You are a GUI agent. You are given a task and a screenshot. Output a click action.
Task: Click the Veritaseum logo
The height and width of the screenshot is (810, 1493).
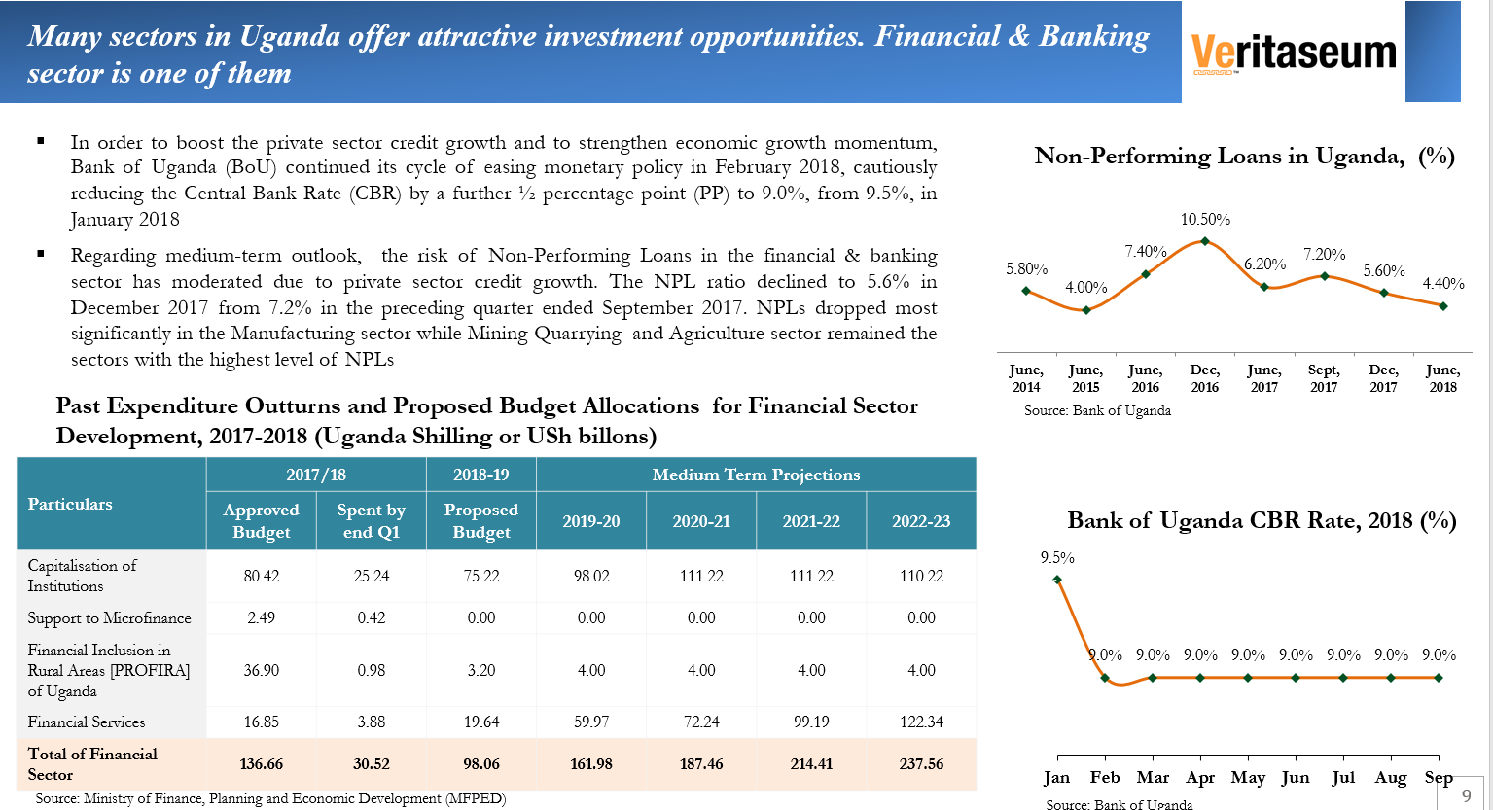[x=1293, y=52]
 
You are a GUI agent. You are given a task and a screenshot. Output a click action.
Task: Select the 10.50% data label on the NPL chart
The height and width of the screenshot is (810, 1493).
[x=1205, y=220]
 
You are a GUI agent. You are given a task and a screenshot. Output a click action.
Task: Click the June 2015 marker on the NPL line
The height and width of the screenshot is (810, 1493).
[x=1086, y=310]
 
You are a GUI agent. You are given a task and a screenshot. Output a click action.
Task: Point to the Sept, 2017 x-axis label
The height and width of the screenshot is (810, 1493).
[x=1324, y=378]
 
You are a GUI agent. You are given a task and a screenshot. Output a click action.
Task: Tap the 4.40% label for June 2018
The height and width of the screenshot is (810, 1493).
[x=1443, y=284]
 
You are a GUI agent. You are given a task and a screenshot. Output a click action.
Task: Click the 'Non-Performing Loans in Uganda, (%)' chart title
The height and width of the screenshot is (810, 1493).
[x=1244, y=157]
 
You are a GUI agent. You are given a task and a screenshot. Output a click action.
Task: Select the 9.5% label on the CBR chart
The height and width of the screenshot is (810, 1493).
[x=1057, y=558]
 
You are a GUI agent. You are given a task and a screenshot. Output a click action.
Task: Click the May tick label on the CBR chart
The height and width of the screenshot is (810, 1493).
[x=1248, y=778]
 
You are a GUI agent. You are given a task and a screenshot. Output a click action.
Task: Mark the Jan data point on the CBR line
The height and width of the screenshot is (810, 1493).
[x=1057, y=581]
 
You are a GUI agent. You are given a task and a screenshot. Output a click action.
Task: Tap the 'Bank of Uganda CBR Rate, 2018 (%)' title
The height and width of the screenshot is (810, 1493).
[x=1262, y=521]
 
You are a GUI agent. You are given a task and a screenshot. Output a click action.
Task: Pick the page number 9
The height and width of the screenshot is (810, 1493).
[x=1467, y=795]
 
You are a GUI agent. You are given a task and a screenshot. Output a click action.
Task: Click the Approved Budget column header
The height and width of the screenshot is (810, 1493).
[x=261, y=521]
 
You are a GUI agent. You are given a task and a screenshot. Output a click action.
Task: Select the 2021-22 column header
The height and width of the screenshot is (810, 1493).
[x=811, y=521]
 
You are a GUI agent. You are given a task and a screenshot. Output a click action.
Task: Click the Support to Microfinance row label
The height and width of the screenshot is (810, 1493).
[x=109, y=618]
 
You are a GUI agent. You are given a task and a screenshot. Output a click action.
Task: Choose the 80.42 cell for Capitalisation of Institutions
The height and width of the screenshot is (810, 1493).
[x=261, y=576]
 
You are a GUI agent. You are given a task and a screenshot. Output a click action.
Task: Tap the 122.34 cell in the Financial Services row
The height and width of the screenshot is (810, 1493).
[x=921, y=722]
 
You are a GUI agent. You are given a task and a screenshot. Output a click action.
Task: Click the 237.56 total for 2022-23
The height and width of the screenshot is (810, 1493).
[x=921, y=764]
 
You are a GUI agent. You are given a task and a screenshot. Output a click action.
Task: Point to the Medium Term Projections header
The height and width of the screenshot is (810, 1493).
[x=756, y=475]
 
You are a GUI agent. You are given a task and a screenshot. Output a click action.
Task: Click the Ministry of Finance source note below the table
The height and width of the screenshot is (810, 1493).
[x=270, y=799]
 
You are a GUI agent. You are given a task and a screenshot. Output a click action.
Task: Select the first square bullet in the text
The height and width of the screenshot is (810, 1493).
[x=41, y=142]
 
